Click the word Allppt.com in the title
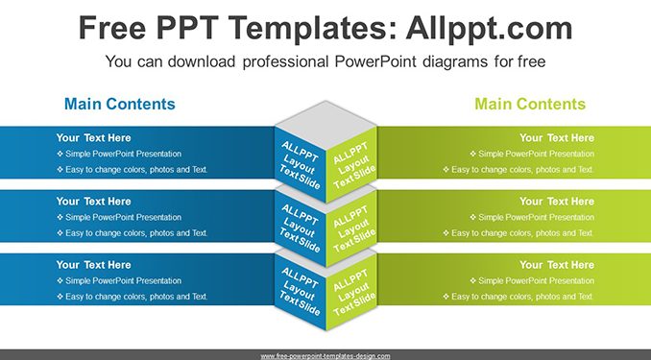coord(489,28)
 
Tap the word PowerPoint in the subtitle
coord(375,61)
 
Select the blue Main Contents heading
coord(120,104)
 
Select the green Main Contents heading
coord(530,104)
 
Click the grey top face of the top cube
coord(325,120)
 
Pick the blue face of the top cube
coord(301,164)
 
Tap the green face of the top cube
coord(351,164)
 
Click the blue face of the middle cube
coord(301,228)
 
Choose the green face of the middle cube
coord(351,228)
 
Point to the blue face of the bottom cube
coord(301,292)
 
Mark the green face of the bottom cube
coord(351,292)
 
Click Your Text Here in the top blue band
coord(93,138)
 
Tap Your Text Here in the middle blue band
coord(93,202)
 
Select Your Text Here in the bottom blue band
coord(93,265)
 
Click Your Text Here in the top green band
coord(557,138)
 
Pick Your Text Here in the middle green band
coord(557,202)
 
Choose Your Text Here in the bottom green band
coord(557,265)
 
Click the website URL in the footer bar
coord(325,356)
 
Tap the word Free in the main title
coord(112,28)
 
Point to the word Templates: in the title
coord(313,28)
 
